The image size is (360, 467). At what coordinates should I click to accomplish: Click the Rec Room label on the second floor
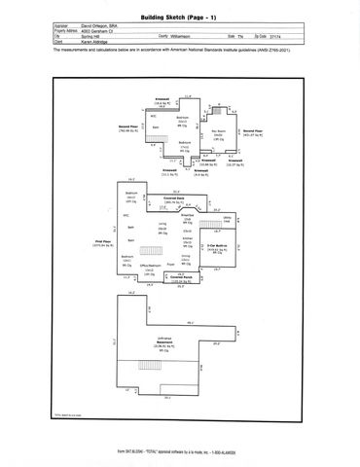point(220,130)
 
